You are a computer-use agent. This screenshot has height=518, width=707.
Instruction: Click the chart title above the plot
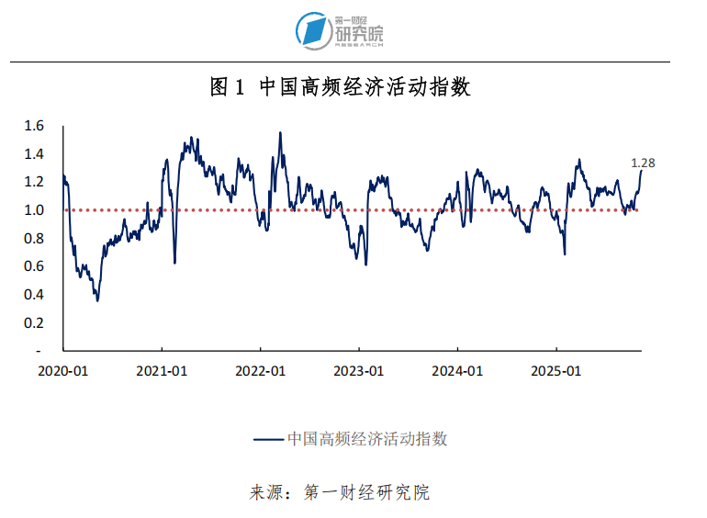point(341,87)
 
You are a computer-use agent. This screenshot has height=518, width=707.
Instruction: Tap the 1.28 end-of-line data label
point(643,163)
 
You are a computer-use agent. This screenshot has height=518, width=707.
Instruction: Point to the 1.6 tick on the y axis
point(34,126)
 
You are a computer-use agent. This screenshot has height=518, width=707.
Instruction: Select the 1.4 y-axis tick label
point(34,153)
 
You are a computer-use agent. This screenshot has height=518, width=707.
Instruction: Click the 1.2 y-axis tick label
point(34,182)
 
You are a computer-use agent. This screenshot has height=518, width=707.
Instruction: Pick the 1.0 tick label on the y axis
point(34,210)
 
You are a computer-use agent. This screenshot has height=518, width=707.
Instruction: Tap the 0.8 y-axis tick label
point(34,238)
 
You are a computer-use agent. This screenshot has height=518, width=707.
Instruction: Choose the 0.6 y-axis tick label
point(34,266)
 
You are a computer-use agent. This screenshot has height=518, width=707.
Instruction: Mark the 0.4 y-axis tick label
point(34,295)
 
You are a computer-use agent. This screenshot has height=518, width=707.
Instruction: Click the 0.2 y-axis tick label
point(34,322)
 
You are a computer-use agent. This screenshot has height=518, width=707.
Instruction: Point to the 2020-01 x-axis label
point(62,371)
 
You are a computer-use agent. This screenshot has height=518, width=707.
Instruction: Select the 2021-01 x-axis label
point(162,371)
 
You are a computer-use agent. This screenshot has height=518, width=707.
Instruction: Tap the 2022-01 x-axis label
point(261,371)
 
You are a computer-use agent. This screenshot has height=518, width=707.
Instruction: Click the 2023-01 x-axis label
point(359,371)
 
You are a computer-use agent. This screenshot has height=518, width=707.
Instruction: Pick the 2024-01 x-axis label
point(458,371)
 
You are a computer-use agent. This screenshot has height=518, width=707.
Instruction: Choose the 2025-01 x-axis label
point(557,371)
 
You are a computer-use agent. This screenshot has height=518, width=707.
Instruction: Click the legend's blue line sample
point(268,439)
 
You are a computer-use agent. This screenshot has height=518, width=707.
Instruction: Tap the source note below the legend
point(340,492)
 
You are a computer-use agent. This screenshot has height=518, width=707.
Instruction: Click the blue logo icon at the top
point(314,30)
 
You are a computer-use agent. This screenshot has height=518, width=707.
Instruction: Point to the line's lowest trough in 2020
point(97,300)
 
